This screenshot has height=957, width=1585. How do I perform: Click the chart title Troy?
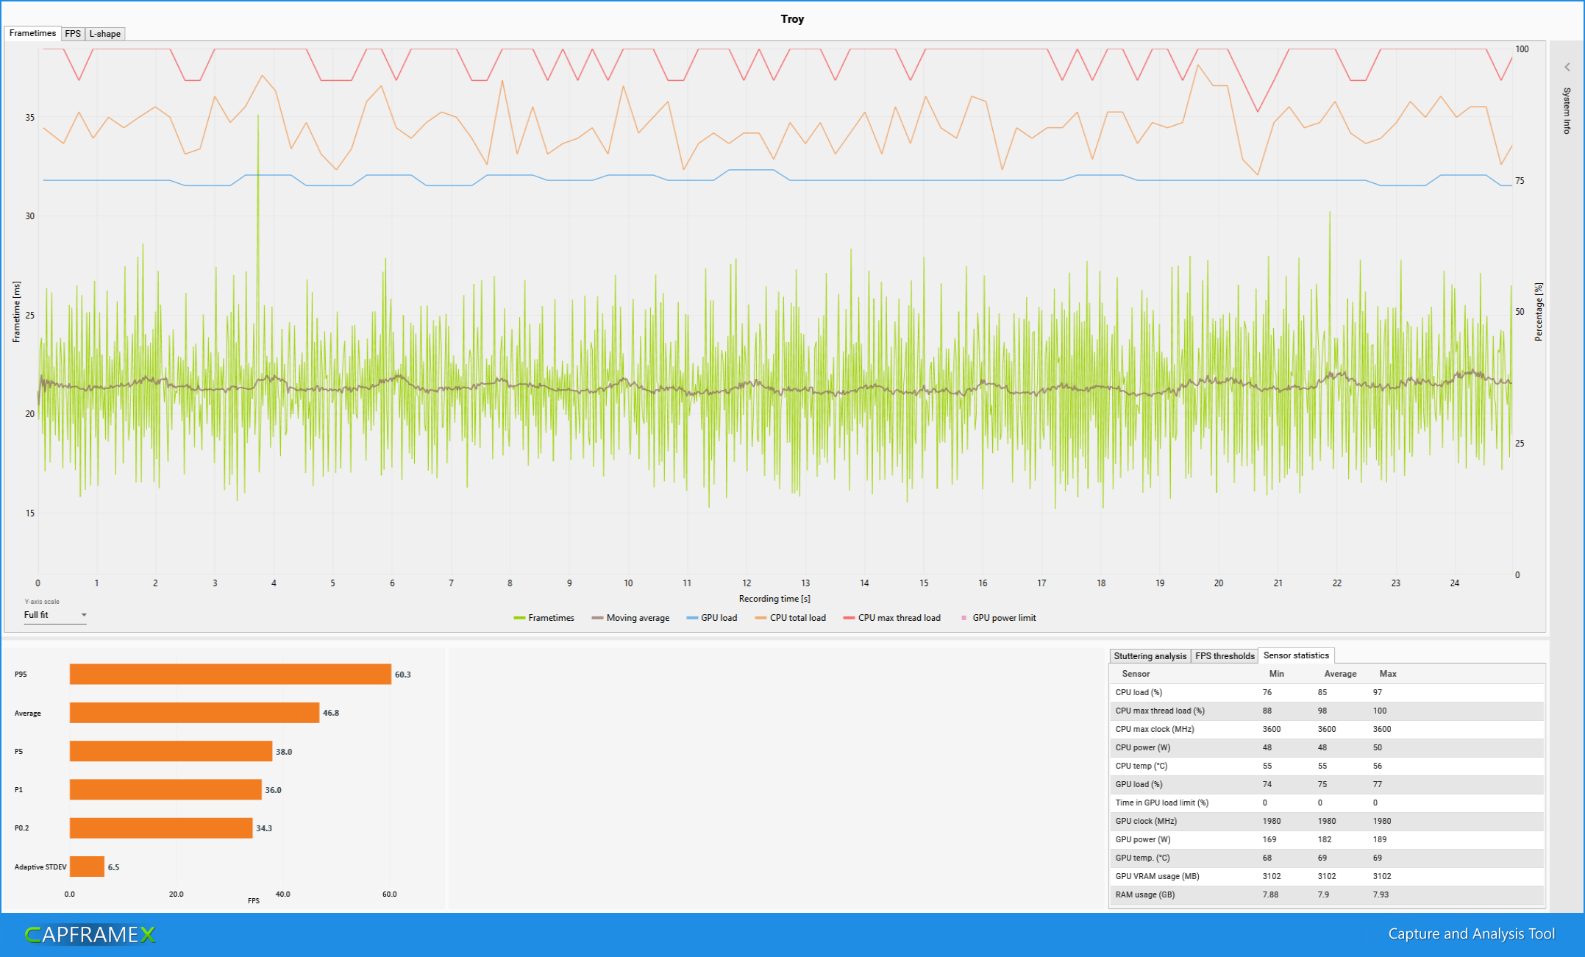(792, 19)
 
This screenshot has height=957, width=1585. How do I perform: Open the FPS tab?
(73, 34)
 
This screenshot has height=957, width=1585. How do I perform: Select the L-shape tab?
(104, 34)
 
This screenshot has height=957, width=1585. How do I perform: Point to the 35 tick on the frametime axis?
(29, 118)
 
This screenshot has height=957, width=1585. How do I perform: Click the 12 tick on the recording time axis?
(747, 583)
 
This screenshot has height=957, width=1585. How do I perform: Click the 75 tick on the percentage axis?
(1520, 181)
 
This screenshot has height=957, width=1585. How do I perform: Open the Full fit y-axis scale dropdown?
(55, 615)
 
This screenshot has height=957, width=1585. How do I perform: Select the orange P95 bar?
(230, 675)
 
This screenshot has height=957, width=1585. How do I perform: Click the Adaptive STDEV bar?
(87, 867)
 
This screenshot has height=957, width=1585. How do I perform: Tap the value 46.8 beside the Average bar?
(331, 713)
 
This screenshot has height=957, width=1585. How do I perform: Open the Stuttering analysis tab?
(1150, 656)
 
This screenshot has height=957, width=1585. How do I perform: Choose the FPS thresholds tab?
(1225, 656)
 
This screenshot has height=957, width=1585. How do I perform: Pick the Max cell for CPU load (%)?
(1378, 692)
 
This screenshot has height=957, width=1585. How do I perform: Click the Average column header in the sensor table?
(1340, 674)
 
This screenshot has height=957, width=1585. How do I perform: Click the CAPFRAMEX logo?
(90, 934)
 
